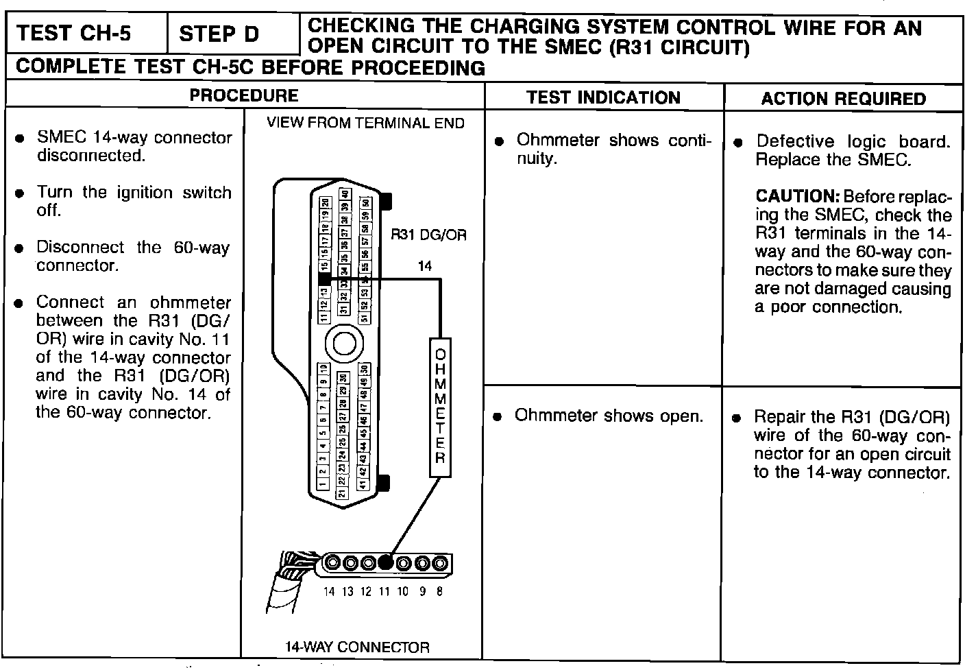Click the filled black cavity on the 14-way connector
coord(385,563)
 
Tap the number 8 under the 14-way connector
coord(439,591)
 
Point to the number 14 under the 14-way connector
coord(329,591)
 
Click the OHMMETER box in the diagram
coord(440,407)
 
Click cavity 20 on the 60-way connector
coord(325,203)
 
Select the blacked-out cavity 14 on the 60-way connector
coord(325,278)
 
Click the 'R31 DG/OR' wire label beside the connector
coord(428,235)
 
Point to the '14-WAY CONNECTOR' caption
coord(357,647)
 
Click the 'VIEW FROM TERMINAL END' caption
coord(365,123)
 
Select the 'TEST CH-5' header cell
coord(73,34)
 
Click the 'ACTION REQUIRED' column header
coord(843,98)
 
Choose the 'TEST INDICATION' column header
coord(603,97)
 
